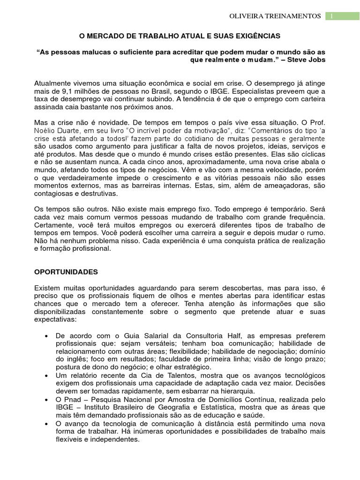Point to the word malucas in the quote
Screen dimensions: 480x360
click(x=94, y=51)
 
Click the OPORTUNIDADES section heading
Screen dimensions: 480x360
click(x=66, y=271)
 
